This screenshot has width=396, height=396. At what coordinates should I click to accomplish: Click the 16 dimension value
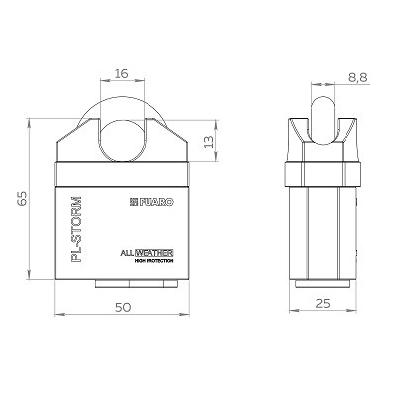(x=122, y=73)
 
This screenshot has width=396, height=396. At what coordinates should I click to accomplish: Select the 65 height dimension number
(x=22, y=199)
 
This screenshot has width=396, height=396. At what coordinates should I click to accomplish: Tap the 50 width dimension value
(x=123, y=307)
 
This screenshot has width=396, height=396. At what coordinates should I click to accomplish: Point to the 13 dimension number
(x=209, y=141)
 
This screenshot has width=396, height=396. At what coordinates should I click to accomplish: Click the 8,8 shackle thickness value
(x=357, y=78)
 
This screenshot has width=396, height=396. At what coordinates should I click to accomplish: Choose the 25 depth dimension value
(x=323, y=303)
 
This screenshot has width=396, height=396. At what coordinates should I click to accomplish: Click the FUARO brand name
(x=156, y=202)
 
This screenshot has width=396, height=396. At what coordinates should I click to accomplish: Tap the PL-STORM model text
(x=76, y=230)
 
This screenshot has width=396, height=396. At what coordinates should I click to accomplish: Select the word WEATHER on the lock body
(x=154, y=253)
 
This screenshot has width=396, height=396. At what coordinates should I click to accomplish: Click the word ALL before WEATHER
(x=127, y=254)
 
